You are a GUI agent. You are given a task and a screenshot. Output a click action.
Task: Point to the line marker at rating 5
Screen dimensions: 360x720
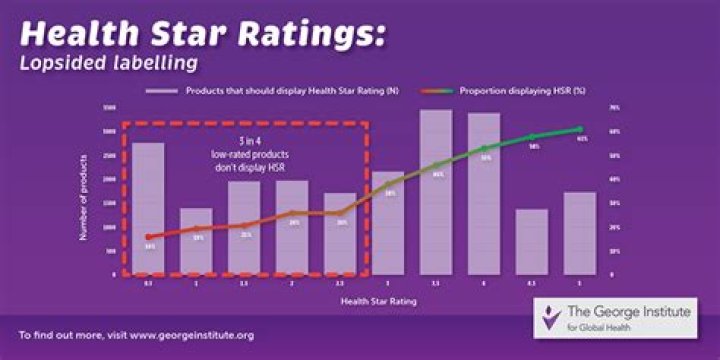click(580, 130)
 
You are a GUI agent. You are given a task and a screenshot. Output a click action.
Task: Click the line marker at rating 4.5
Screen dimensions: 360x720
click(533, 136)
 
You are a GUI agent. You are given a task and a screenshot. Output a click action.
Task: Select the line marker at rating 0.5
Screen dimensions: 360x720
click(148, 237)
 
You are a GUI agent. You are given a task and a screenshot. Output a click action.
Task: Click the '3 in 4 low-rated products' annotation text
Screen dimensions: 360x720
click(244, 150)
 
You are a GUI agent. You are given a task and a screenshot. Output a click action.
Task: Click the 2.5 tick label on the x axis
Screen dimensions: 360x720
click(341, 283)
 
